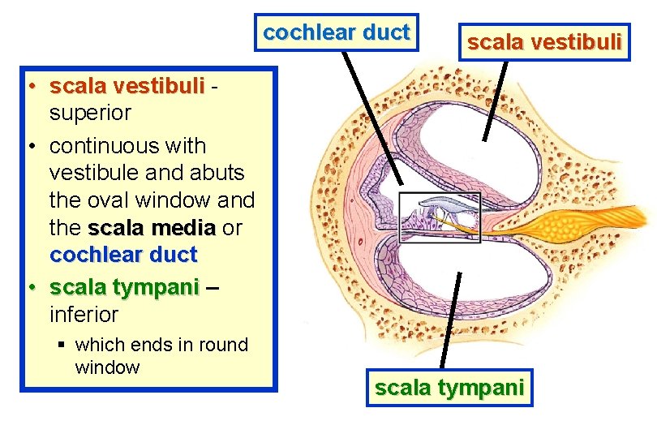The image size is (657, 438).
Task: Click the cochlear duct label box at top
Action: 336,32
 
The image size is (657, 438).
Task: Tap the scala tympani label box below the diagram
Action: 449,388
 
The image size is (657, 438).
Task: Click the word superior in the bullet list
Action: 90,113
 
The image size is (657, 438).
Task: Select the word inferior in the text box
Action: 84,314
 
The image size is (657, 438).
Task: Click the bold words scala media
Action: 152,228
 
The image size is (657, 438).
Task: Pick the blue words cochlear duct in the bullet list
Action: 123,255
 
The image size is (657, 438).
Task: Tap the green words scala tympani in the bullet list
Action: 123,287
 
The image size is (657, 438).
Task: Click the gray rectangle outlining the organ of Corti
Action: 440,217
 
